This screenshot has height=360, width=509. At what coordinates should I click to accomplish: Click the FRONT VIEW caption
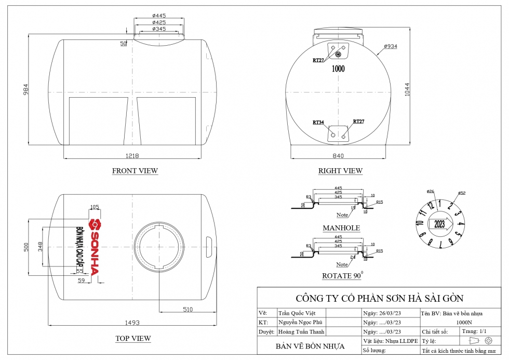coord(135,170)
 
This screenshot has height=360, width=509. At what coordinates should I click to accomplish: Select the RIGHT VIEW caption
coord(340,170)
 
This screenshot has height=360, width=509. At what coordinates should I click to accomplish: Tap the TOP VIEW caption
coord(133,338)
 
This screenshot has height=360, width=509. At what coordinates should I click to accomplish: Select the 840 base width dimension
coord(339,156)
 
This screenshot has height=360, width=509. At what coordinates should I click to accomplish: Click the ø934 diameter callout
coord(391,47)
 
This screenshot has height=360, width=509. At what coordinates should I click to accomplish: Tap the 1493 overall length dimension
coord(132,323)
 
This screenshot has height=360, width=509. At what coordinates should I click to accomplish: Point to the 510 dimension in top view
coord(187,310)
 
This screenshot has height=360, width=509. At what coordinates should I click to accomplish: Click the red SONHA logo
coord(94,246)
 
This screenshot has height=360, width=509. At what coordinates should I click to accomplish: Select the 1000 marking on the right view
coord(338,69)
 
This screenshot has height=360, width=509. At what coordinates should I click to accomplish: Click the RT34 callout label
coord(318,123)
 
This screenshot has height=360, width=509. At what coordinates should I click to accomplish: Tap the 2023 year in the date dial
coord(439,224)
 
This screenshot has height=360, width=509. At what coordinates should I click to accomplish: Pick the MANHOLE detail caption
coord(341,228)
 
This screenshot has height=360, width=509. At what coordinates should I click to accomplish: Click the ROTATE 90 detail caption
coord(342,275)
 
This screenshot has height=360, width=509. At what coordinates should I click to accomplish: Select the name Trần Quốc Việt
coord(293,313)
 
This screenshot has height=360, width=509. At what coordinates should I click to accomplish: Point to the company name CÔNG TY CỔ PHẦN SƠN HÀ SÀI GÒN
coord(379,298)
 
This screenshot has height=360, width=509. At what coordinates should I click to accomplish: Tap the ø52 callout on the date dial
coord(462,193)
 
